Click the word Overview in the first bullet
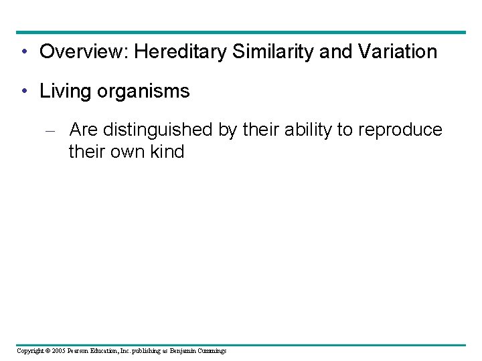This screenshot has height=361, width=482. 83,52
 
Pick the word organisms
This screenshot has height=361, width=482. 143,92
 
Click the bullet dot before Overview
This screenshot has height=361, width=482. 23,52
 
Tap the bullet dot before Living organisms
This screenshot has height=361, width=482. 23,92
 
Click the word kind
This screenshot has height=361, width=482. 167,152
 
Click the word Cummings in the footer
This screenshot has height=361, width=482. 212,351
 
